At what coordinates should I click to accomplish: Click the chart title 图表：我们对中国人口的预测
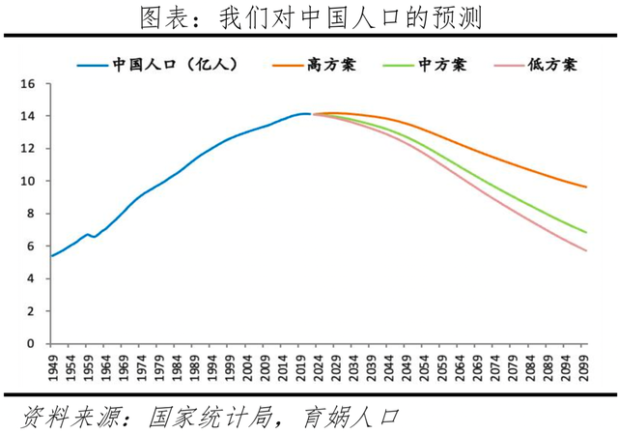(x=310, y=18)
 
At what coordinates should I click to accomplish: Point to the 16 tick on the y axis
(x=28, y=84)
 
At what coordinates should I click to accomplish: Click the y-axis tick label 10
(x=28, y=182)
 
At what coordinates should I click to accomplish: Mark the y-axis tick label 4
(x=31, y=279)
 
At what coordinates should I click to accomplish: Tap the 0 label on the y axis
(x=31, y=344)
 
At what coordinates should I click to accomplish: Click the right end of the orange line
(x=585, y=187)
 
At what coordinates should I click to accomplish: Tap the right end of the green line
(x=585, y=232)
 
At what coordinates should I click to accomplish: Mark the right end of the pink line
(x=585, y=251)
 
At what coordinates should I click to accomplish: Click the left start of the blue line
(x=51, y=256)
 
